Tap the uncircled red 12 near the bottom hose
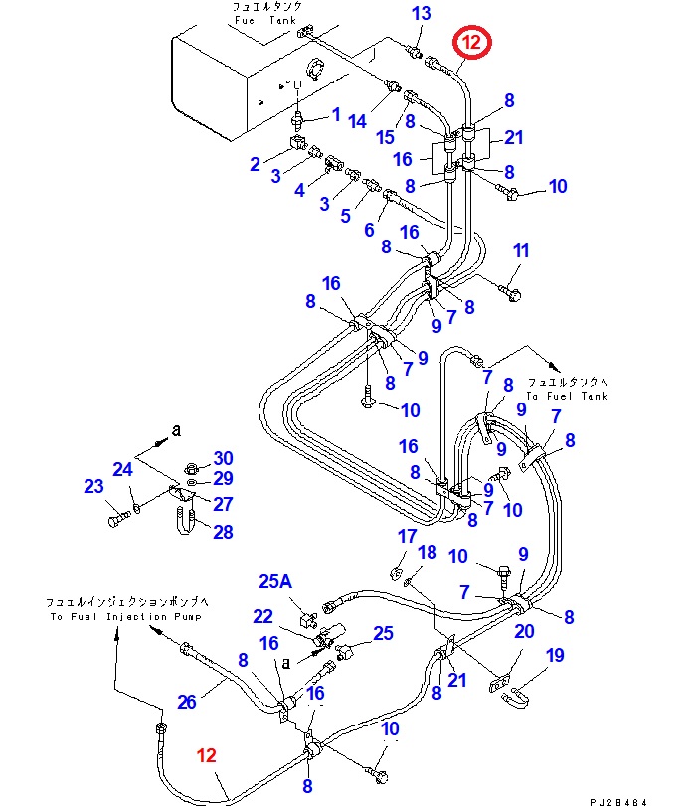click(206, 755)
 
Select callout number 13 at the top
click(422, 13)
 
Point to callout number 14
click(358, 120)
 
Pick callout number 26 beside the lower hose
click(187, 702)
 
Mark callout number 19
click(555, 655)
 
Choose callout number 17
click(407, 537)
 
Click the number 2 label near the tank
click(256, 164)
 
